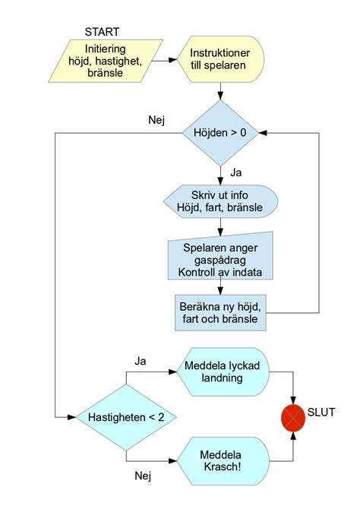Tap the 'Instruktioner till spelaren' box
(x=221, y=61)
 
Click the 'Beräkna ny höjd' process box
(x=220, y=312)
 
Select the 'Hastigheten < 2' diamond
(x=126, y=417)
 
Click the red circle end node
(x=293, y=417)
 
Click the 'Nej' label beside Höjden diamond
(x=156, y=120)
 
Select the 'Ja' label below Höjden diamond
(x=236, y=173)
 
